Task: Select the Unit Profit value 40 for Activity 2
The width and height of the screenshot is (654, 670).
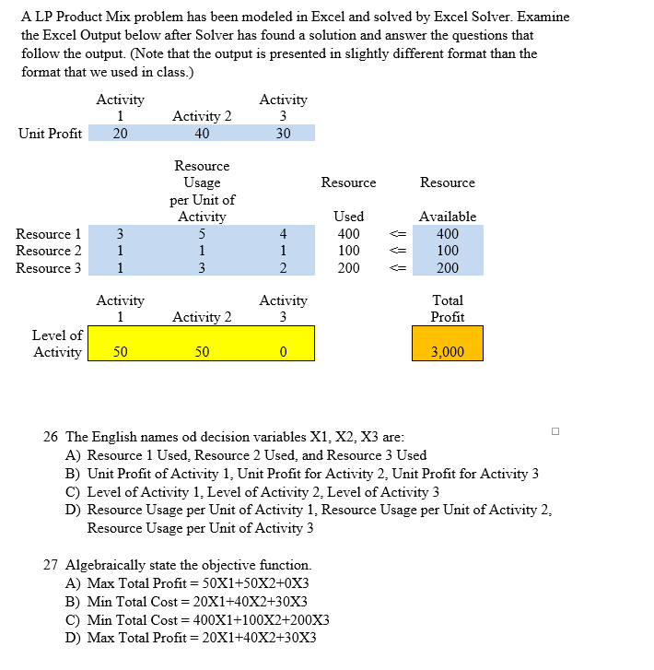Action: click(x=202, y=134)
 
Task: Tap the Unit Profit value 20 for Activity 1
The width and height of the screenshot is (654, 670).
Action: click(x=121, y=134)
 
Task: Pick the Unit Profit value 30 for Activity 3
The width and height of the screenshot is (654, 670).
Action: click(x=283, y=134)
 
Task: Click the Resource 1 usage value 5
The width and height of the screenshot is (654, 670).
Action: click(x=202, y=234)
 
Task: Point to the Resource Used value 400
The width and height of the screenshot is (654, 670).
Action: click(x=348, y=234)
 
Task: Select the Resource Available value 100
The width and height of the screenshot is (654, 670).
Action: click(x=447, y=251)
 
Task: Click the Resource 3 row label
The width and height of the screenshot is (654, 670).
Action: click(x=49, y=268)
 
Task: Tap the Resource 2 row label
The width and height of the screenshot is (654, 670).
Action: click(x=49, y=251)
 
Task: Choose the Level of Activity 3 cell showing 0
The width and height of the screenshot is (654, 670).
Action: click(x=283, y=352)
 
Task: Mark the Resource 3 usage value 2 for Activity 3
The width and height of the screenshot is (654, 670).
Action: click(x=283, y=268)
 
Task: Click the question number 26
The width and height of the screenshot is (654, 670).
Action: click(x=52, y=437)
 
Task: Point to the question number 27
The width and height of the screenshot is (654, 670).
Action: click(x=52, y=565)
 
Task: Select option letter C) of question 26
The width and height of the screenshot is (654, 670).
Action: click(x=75, y=492)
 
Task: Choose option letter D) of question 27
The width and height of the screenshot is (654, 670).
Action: click(x=75, y=638)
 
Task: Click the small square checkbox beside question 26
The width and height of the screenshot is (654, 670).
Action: click(x=555, y=430)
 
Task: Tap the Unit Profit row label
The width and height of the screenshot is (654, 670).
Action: click(x=50, y=134)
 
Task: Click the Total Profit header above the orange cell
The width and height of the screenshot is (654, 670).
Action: click(x=447, y=309)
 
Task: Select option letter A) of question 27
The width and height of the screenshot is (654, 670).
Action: click(x=75, y=583)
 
